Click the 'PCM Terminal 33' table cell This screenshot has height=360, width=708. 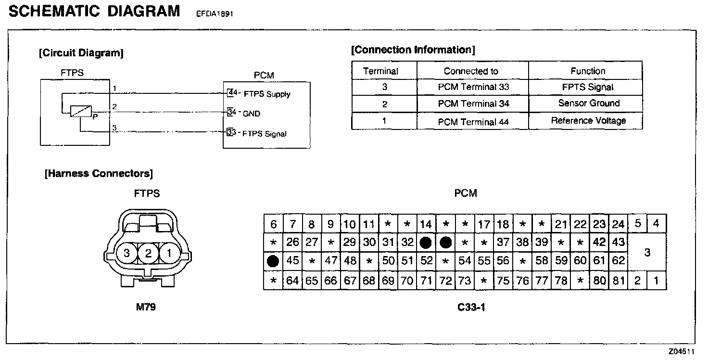tap(473, 87)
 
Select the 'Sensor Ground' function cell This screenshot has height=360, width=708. tap(589, 103)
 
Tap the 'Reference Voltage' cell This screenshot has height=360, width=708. tap(589, 121)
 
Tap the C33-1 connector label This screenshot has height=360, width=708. tap(471, 307)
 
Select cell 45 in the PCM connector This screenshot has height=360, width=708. tap(292, 261)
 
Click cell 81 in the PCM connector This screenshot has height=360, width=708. tap(618, 281)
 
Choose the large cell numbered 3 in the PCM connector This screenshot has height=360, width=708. tap(647, 252)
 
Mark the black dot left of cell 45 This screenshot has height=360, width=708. tap(273, 261)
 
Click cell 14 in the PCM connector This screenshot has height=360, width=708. tap(426, 224)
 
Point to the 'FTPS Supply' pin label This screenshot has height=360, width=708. tap(267, 94)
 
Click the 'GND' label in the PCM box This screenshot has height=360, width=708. tap(251, 114)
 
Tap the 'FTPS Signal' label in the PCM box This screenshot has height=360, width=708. tap(265, 133)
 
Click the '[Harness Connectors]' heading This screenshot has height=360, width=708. tap(99, 173)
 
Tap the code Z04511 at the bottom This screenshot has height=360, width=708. tap(682, 352)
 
